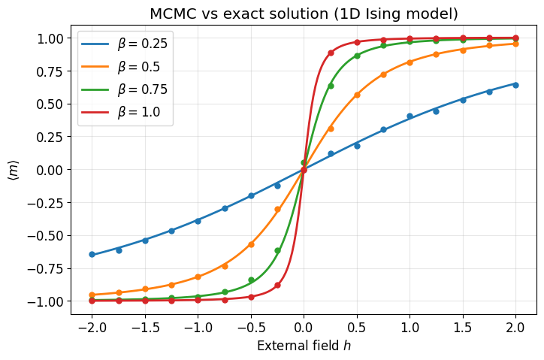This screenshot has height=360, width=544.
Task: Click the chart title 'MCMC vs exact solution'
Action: pos(239,14)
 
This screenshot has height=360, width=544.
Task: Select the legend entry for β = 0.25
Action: pos(124,44)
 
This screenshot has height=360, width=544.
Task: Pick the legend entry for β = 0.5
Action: pos(121,66)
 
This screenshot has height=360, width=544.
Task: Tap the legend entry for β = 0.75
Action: pos(124,89)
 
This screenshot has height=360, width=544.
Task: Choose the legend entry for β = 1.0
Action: pos(121,112)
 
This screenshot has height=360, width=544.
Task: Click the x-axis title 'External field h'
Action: pos(304,346)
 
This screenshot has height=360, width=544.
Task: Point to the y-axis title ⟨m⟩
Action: pos(14,170)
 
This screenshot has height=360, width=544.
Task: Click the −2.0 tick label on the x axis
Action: pos(92,328)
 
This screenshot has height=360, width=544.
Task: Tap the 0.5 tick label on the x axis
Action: pos(357,328)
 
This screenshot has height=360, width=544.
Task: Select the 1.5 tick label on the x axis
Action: pos(463,328)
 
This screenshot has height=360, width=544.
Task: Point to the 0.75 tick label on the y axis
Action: pos(50,71)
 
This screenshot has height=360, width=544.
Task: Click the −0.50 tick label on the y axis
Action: pos(45,236)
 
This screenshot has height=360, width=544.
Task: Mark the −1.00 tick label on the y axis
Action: pos(45,301)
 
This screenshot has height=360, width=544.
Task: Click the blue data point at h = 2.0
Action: pos(515,85)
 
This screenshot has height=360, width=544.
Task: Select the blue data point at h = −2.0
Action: pos(92,255)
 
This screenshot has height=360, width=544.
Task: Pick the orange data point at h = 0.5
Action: pos(357,95)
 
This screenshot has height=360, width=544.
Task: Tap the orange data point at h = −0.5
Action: pos(251,244)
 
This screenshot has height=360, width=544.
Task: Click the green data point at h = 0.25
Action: pos(331,86)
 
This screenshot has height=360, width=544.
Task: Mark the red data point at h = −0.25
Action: pos(277,285)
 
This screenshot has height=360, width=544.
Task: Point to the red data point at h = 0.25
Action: pos(331,53)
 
